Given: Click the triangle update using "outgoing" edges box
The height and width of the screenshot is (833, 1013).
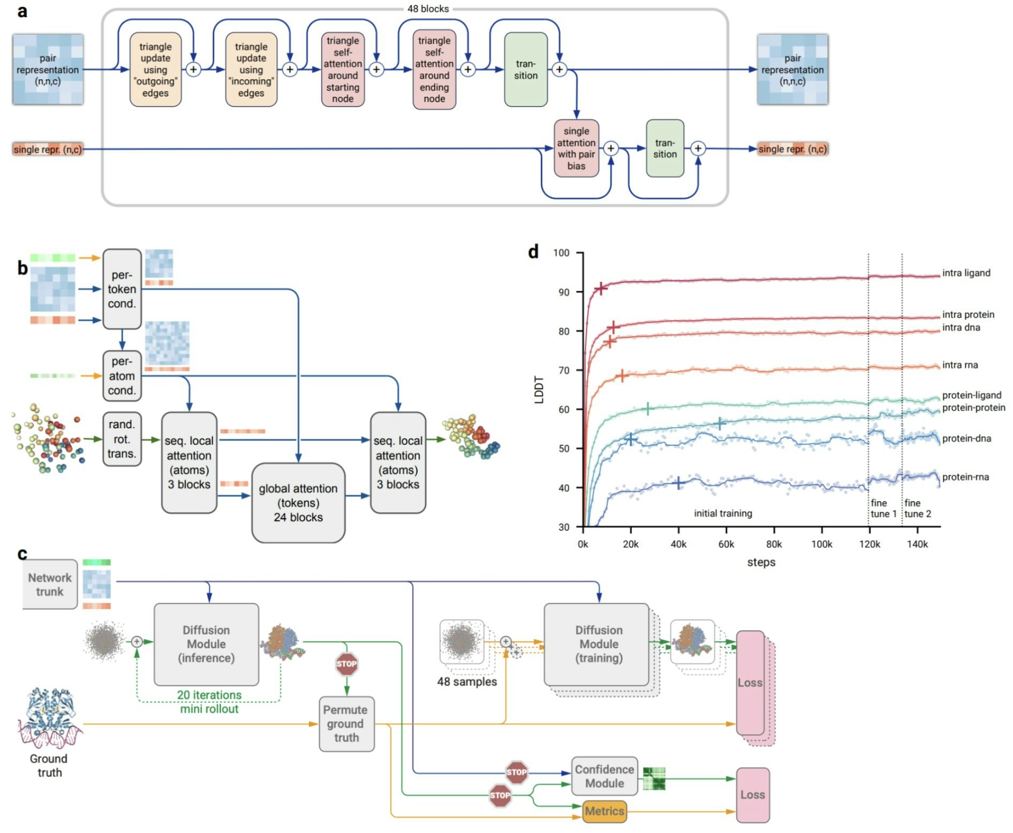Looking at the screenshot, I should coord(155,70).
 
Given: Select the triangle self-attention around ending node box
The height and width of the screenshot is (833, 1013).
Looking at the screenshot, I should coord(434,70).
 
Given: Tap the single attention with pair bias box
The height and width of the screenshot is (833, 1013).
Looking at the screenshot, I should coord(576,148).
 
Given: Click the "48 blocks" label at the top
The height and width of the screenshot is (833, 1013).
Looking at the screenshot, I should coord(428,9).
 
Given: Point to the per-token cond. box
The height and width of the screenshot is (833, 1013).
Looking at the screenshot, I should coord(122,289).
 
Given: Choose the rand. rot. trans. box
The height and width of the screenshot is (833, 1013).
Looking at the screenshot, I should coord(122,439).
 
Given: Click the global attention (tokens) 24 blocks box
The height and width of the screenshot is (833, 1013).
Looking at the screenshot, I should coord(298,503).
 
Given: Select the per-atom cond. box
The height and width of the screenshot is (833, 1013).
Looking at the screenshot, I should coord(122,376).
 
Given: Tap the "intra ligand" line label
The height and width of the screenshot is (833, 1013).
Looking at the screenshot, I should coord(966,273).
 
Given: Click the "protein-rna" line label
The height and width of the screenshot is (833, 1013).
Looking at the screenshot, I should coord(965,477).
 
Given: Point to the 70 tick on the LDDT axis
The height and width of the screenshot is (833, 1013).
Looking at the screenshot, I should coord(563,370).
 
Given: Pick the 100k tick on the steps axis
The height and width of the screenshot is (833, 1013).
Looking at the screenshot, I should coord(821,544).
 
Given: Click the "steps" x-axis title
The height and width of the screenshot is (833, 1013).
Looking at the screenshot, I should coord(761,562).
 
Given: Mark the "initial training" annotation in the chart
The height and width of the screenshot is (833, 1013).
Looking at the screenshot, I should coord(723,513).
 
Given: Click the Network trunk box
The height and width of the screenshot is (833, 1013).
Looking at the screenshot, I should coord(50,585).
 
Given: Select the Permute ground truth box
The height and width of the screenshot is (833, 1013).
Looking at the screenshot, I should coord(346,724).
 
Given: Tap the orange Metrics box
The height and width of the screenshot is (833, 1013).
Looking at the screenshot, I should coord(604,811).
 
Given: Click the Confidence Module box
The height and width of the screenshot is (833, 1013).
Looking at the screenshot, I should coord(604,776).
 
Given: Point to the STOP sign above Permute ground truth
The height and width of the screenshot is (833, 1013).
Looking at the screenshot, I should coord(346,664).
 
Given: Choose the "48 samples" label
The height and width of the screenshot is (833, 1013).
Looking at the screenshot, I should coord(467,681).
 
